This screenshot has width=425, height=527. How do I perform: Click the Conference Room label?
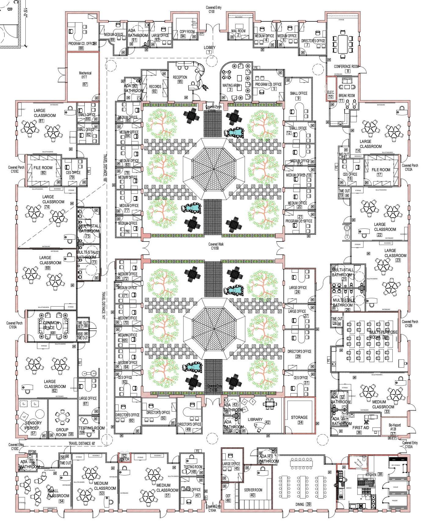point(346,67)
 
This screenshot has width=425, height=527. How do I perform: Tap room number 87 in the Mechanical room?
point(85,84)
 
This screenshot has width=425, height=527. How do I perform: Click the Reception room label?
point(180,77)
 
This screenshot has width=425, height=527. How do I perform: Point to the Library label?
point(255,420)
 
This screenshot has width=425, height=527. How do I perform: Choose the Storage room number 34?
point(300,423)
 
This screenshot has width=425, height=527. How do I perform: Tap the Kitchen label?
point(371,475)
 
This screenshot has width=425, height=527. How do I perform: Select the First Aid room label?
point(361,428)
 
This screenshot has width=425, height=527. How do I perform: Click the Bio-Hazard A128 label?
point(394,427)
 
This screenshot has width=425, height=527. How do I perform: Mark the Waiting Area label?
point(231,85)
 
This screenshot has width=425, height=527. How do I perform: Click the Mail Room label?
point(238,31)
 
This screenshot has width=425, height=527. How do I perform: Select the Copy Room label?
point(187,31)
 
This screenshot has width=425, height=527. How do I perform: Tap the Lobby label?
point(209,48)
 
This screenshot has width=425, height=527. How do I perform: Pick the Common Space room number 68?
point(53,333)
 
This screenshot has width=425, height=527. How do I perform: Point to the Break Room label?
point(347,96)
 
